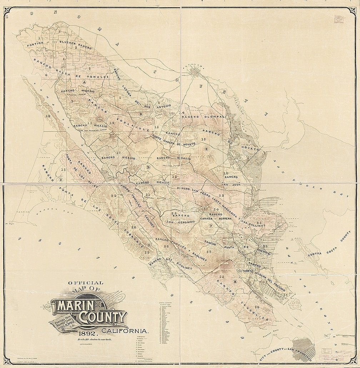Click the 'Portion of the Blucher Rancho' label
click(x=59, y=45)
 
